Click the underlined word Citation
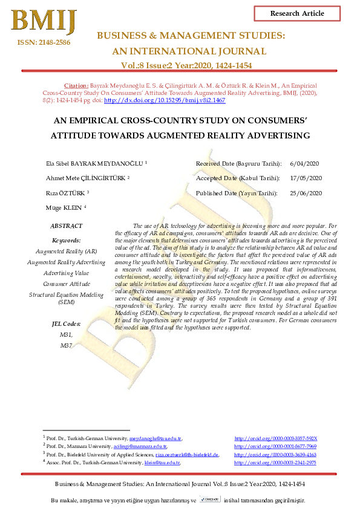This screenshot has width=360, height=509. click(76, 86)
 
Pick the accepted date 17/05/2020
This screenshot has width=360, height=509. click(306, 178)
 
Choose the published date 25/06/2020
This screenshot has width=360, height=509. click(306, 193)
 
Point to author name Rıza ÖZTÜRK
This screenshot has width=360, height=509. click(67, 193)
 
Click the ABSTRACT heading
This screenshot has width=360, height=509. click(67, 225)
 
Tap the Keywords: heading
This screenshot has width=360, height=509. click(67, 240)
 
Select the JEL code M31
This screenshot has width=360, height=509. click(67, 334)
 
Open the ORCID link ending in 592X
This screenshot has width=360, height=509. click(275, 438)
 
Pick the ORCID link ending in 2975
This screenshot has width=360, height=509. click(275, 462)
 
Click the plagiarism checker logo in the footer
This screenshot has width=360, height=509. click(209, 500)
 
